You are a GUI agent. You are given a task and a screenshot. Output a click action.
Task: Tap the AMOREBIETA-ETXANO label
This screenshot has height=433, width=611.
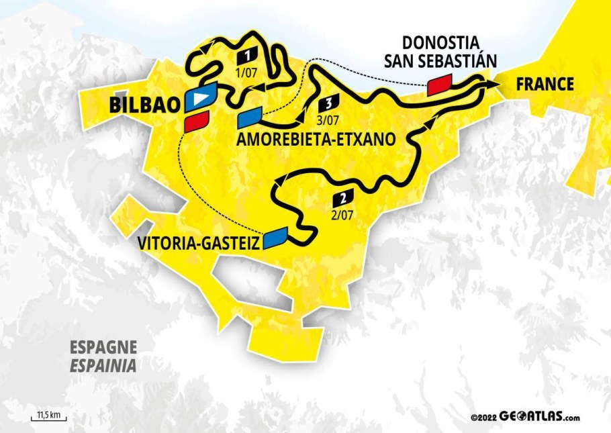[313, 139]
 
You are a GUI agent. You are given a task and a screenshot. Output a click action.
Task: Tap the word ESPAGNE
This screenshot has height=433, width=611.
[103, 348]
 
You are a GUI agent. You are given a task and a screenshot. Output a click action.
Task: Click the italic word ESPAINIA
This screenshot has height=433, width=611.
[103, 366]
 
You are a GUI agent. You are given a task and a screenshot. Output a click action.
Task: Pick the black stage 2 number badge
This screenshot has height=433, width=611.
[342, 198]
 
